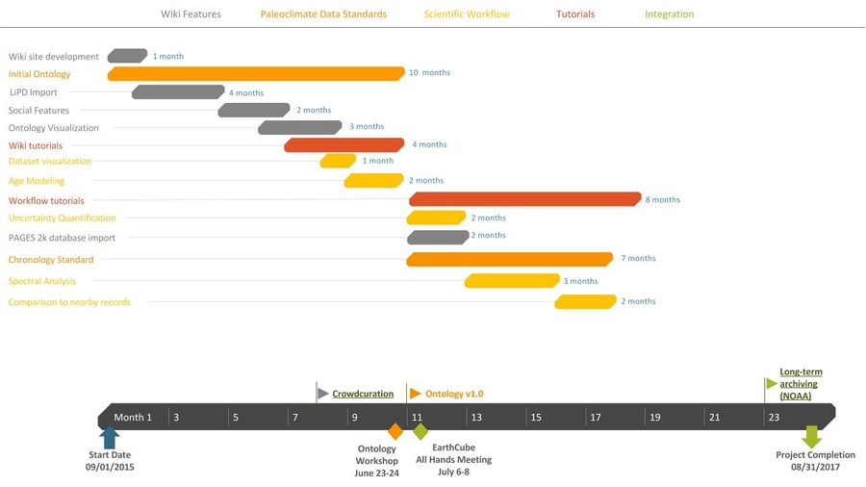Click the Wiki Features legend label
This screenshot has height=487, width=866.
coord(191,14)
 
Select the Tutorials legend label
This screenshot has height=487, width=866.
coord(575,14)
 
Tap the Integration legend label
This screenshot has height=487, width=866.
coord(669,14)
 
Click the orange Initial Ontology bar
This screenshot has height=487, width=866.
coord(256,74)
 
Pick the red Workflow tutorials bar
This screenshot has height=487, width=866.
coord(525,199)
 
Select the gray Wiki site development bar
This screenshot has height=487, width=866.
coord(127,56)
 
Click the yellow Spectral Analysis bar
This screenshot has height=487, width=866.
coord(512,281)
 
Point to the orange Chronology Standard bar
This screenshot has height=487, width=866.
coord(510,259)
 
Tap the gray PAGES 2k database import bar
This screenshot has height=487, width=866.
coord(438,237)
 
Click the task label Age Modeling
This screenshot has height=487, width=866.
coord(37,181)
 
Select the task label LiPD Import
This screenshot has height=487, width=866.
coord(34,92)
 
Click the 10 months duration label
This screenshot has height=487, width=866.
coord(429,73)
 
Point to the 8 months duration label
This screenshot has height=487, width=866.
coord(662,200)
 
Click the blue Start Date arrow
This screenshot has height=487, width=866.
coord(110,437)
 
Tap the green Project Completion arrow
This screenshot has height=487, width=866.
coord(812,437)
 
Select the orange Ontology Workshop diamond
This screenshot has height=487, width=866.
coord(395,431)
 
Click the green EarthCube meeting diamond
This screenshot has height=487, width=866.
coord(420,431)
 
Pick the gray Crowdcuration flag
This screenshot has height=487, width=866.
coord(322,393)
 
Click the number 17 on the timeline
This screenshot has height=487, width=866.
coord(595,417)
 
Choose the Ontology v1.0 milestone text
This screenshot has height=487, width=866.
coord(454,394)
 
